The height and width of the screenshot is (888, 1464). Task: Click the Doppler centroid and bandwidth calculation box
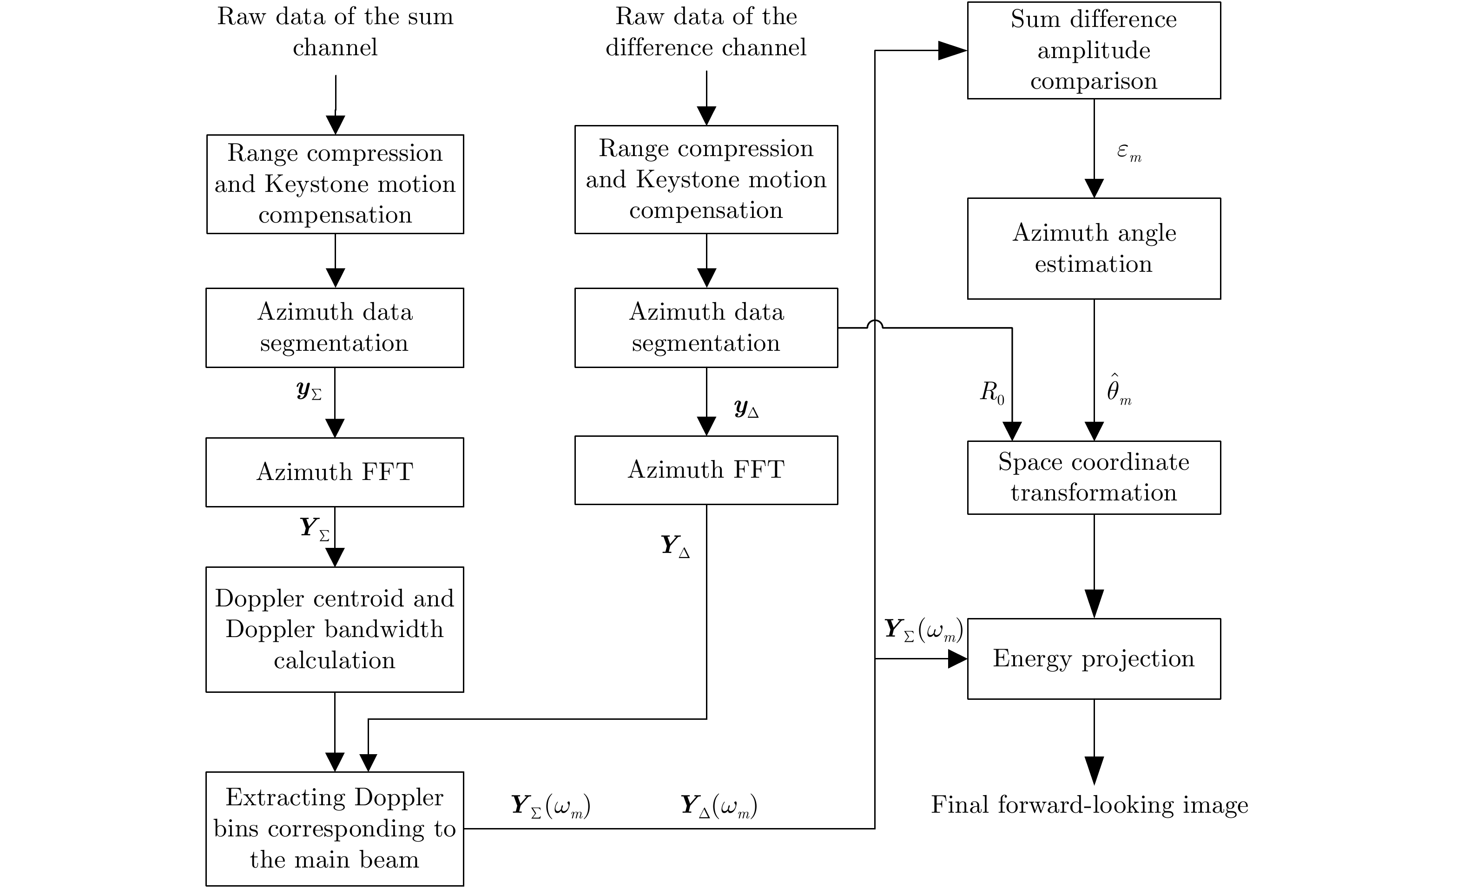click(x=335, y=629)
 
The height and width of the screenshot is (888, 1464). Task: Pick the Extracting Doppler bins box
click(x=335, y=828)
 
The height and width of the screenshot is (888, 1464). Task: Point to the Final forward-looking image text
click(x=1089, y=805)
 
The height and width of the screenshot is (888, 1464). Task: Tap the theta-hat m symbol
click(x=1118, y=391)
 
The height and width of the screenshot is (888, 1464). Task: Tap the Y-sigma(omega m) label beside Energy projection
click(x=923, y=630)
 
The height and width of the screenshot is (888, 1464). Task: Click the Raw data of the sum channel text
click(x=335, y=32)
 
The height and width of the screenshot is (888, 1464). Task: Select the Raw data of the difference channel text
click(x=706, y=32)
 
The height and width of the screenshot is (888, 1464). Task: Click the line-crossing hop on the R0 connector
click(x=875, y=324)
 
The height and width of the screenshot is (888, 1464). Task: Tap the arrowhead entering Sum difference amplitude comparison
click(x=952, y=51)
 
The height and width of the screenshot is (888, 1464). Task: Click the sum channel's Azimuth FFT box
click(x=335, y=472)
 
